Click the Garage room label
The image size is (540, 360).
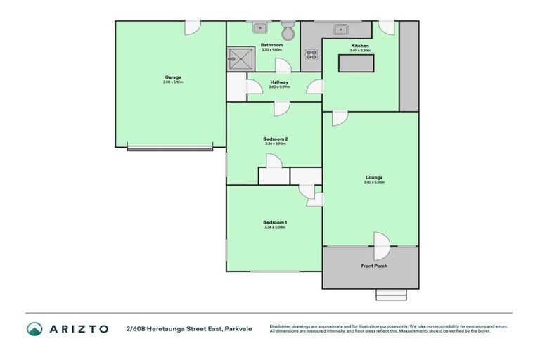173,77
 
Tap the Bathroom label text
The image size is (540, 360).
271,46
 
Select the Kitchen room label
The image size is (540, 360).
360,46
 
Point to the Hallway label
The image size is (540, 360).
279,82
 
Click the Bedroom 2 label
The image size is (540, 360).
276,139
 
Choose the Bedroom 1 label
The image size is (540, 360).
275,222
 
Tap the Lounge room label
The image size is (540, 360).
374,177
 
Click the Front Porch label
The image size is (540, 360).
374,266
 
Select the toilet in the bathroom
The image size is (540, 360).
288,32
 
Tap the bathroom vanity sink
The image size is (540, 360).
259,29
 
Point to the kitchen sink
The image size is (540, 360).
341,30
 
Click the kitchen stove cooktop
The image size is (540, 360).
311,55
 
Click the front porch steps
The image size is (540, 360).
391,295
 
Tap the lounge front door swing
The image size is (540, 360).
380,246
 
